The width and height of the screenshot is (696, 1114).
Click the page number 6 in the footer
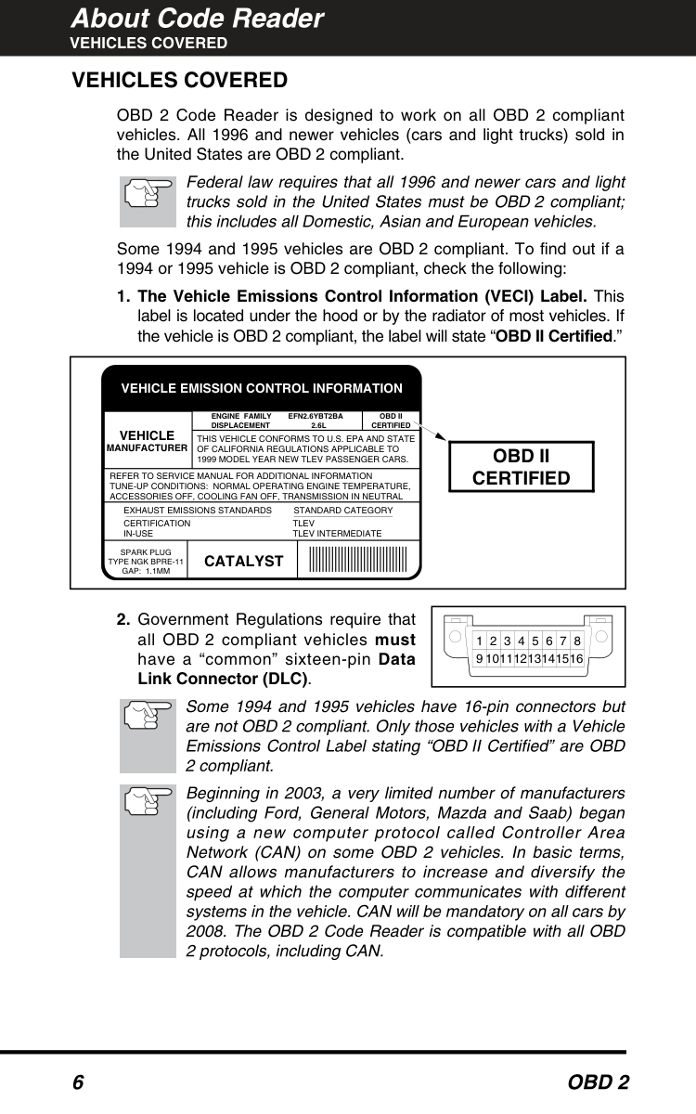[78, 1083]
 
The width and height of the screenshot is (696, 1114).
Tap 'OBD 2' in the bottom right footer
[599, 1083]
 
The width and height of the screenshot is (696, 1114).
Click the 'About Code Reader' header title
[198, 19]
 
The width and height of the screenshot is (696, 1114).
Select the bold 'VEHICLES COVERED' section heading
[180, 81]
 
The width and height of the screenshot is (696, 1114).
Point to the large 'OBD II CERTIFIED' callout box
[521, 467]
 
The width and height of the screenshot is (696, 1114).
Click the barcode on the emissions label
[358, 560]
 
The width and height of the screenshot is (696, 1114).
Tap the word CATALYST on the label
[243, 561]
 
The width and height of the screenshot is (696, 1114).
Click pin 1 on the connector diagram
[479, 641]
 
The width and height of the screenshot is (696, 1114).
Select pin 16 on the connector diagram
[576, 658]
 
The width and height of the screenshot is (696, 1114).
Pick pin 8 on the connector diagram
[577, 641]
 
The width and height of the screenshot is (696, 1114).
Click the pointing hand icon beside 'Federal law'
[148, 198]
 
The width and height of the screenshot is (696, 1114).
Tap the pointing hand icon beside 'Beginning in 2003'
[148, 798]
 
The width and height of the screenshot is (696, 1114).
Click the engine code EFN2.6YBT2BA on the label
[316, 417]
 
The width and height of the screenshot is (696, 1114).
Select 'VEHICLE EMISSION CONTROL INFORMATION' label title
[262, 388]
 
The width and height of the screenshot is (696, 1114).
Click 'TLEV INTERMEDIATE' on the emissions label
[337, 534]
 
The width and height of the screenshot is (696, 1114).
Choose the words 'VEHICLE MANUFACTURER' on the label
[147, 441]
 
